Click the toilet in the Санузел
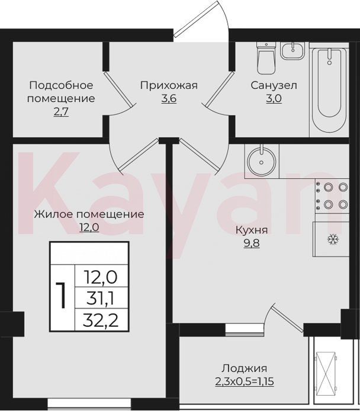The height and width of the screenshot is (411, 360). coord(266,57)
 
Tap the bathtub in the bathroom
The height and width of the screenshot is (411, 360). coord(329,89)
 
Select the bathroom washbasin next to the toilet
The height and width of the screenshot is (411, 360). coord(293,50)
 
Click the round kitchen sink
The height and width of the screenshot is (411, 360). coord(261,161)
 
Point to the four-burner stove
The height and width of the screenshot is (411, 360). coord(332,196)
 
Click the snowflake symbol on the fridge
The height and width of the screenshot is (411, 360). coord(333,239)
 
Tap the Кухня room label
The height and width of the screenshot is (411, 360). coord(252,230)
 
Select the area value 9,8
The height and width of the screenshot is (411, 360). coord(252,243)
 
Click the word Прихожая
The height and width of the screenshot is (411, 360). coord(169,85)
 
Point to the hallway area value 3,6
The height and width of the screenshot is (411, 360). coord(169,99)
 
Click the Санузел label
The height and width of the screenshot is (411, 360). coord(274,85)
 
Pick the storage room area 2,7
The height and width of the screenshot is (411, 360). coord(61,112)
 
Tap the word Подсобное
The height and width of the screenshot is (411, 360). coord(62,85)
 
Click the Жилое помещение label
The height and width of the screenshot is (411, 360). coord(89,214)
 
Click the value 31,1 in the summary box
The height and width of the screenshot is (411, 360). coord(101,299)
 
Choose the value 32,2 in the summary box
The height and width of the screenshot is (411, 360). coord(101,320)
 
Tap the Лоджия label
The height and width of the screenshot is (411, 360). coord(245,368)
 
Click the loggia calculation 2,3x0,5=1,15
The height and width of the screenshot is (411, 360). coord(245,381)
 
